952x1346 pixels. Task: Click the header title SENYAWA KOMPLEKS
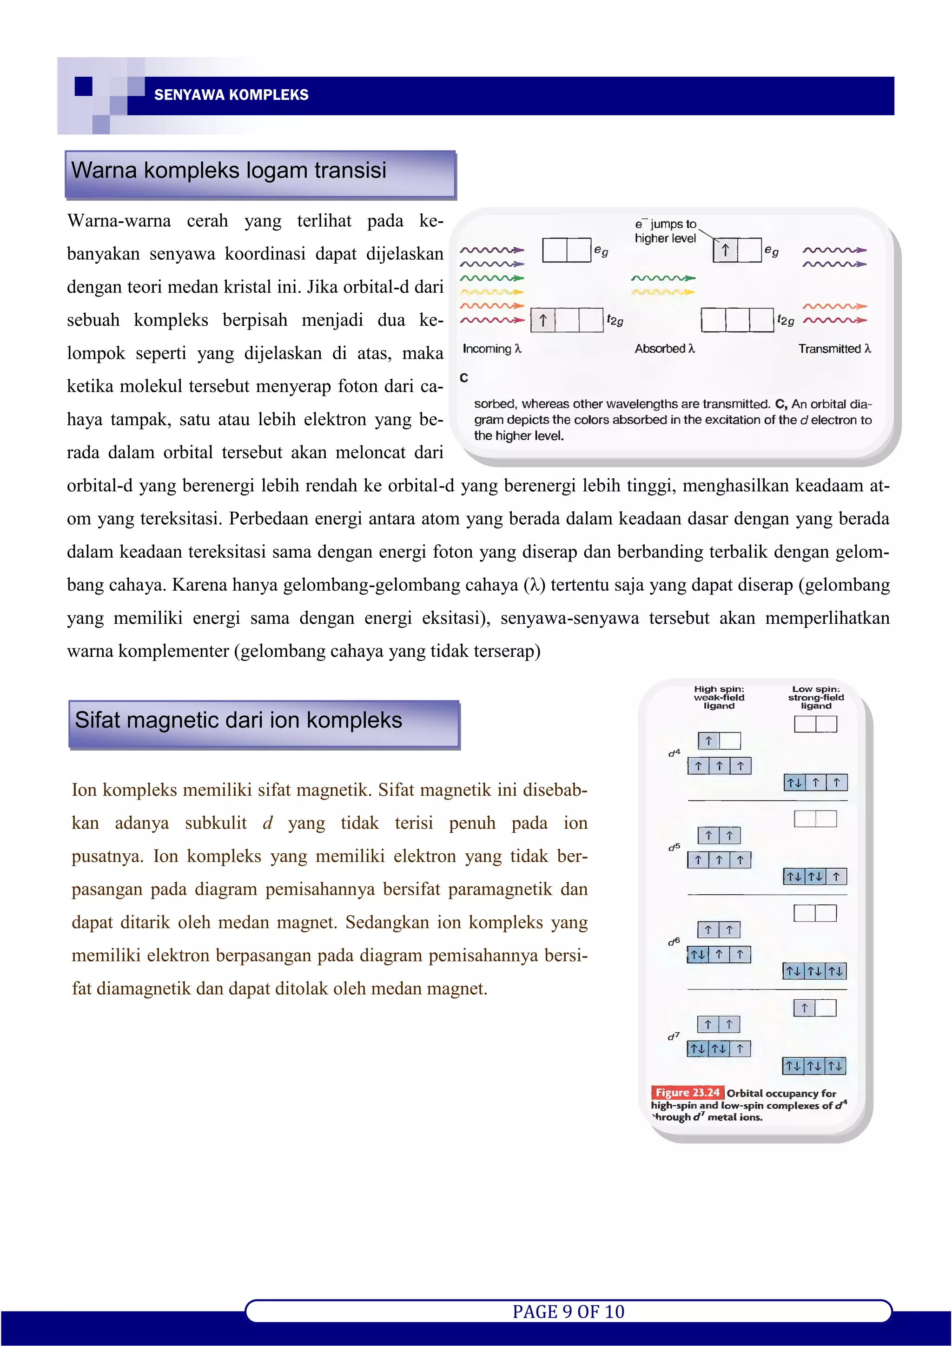pos(231,95)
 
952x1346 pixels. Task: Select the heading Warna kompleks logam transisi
pos(229,171)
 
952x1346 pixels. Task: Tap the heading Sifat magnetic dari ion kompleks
pos(238,720)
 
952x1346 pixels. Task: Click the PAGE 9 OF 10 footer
pos(568,1312)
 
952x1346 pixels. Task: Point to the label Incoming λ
pos(492,349)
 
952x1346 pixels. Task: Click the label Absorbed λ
pos(664,349)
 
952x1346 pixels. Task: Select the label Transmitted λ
pos(834,349)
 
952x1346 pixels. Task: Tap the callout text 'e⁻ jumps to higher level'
pos(665,231)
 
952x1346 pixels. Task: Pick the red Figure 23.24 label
pos(687,1093)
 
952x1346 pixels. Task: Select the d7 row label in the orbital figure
pos(674,1036)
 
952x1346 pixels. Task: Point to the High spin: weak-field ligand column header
pos(719,698)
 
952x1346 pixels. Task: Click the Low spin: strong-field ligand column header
pos(815,698)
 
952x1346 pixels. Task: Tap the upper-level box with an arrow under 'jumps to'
pos(725,251)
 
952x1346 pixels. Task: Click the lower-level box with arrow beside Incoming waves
pos(543,321)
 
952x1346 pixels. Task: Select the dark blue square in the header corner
pos(84,86)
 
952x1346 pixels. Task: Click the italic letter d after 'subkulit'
pos(267,824)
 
